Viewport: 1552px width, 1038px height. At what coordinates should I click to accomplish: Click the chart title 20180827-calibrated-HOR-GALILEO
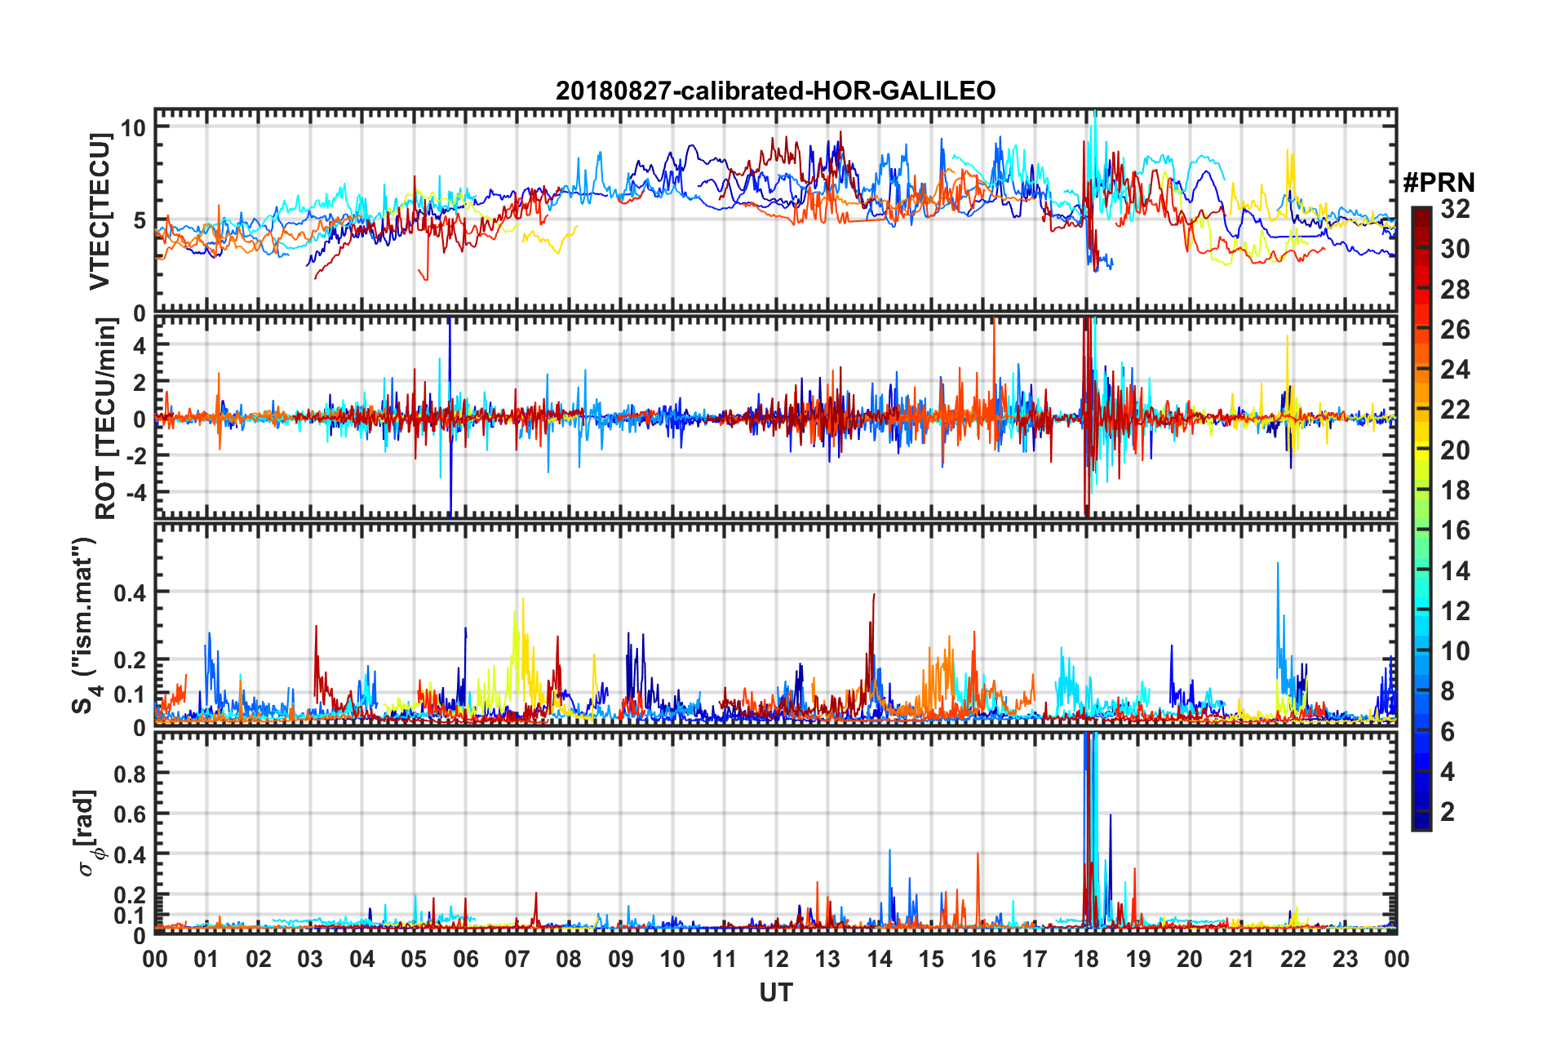tap(775, 91)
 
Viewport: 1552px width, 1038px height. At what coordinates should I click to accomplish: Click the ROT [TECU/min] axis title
tap(106, 418)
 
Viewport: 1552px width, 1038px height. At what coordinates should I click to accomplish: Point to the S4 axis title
tap(85, 625)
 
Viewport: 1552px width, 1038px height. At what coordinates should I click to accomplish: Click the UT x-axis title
tap(775, 992)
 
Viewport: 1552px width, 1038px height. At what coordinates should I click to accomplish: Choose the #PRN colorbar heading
tap(1439, 182)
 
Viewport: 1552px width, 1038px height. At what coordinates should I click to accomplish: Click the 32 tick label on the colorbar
tap(1455, 209)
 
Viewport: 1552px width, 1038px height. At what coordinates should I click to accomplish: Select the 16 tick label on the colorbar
tap(1455, 530)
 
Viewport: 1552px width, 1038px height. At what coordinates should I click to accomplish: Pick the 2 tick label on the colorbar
tap(1448, 811)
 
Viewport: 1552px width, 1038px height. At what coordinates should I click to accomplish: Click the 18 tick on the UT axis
tap(1086, 959)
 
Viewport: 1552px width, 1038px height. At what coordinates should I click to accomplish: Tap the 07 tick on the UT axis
tap(517, 959)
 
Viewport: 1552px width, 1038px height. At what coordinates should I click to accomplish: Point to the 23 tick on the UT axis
tap(1345, 959)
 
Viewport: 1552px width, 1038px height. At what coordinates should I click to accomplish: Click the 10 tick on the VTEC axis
tap(133, 127)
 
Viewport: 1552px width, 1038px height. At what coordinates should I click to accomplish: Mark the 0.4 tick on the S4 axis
tap(130, 592)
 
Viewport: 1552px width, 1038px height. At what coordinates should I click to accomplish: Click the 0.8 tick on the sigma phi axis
tap(130, 774)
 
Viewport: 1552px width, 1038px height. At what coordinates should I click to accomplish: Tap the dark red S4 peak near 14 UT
tap(874, 594)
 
